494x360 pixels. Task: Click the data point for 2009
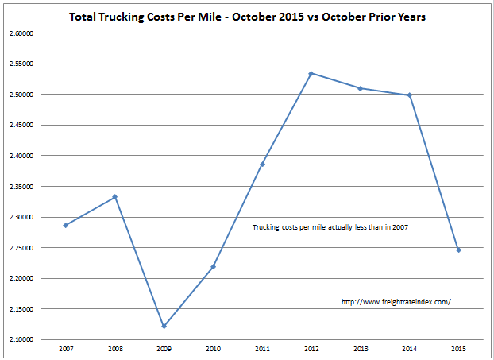pos(164,327)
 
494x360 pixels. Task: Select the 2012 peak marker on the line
pos(311,73)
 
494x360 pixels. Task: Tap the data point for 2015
pos(458,250)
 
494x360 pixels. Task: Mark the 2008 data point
pos(115,197)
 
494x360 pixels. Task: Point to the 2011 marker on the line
pos(262,164)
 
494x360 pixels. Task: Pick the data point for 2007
pos(66,225)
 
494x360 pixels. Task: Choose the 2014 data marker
pos(409,95)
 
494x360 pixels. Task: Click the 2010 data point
pos(213,266)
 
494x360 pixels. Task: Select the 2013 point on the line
pos(360,88)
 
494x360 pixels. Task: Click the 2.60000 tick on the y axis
pos(21,33)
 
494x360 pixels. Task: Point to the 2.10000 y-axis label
pos(21,339)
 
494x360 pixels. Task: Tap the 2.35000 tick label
pos(21,187)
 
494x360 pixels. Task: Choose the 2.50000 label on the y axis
pos(21,95)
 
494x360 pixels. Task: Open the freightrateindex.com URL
pos(395,302)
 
